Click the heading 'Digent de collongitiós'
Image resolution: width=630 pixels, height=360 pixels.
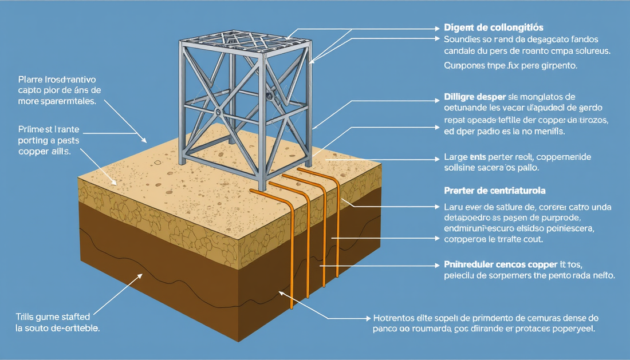[x=494, y=27]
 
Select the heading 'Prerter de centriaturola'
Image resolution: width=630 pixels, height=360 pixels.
[x=493, y=189]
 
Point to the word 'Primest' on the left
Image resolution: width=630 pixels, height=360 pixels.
[x=34, y=130]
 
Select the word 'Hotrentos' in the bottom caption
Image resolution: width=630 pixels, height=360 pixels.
[x=392, y=318]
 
